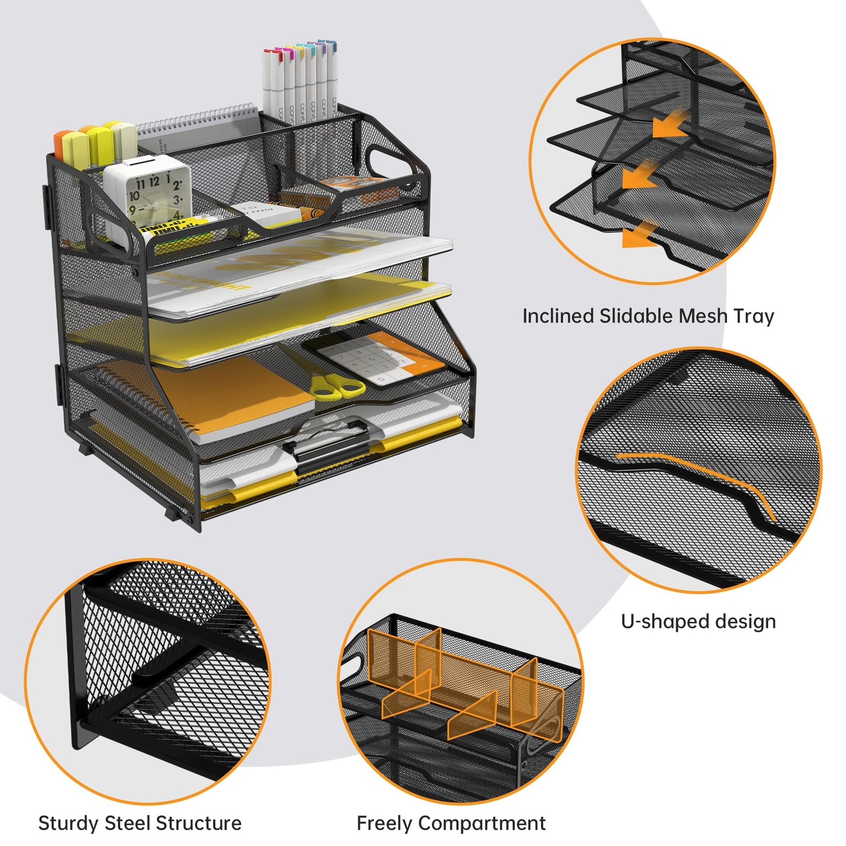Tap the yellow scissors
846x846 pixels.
(337, 386)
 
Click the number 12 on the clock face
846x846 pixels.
(153, 181)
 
